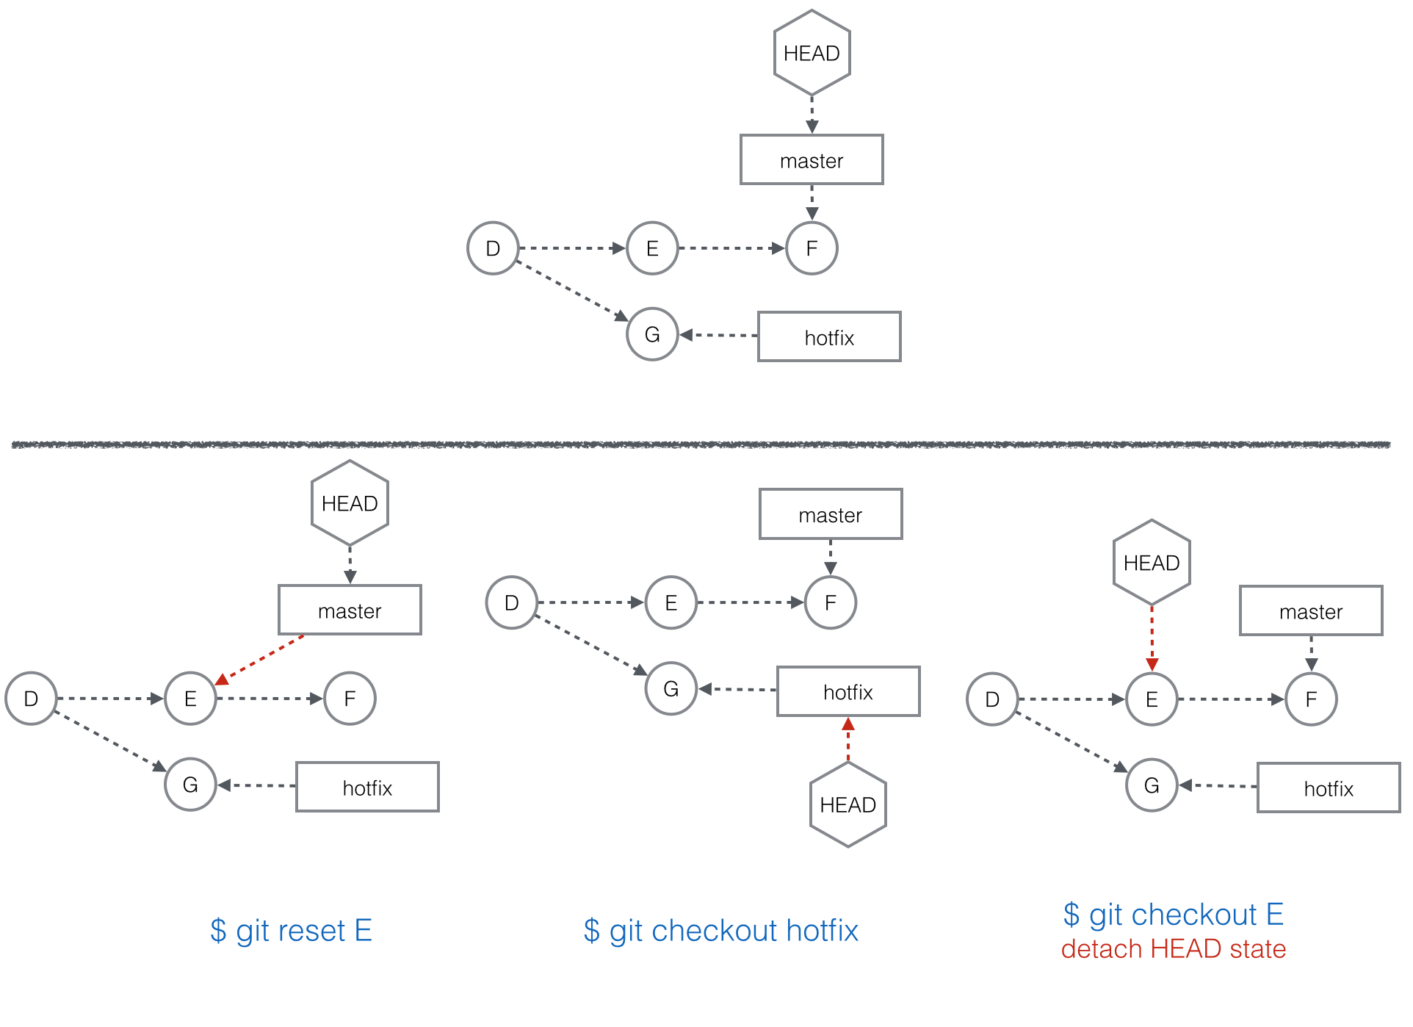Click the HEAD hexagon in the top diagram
pyautogui.click(x=812, y=53)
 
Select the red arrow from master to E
pyautogui.click(x=259, y=660)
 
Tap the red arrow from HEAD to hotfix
pyautogui.click(x=848, y=739)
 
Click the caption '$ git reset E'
pyautogui.click(x=291, y=931)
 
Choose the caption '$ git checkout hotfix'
pyautogui.click(x=720, y=931)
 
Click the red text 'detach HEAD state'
pyautogui.click(x=1173, y=949)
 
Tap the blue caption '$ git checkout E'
pyautogui.click(x=1173, y=915)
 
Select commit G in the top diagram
pyautogui.click(x=652, y=334)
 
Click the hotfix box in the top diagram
pyautogui.click(x=829, y=336)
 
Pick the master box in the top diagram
pyautogui.click(x=812, y=159)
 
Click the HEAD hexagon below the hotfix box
pyautogui.click(x=848, y=804)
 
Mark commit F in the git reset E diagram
pyautogui.click(x=350, y=699)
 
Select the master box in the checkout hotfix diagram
pyautogui.click(x=831, y=514)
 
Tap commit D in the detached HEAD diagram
pyautogui.click(x=992, y=699)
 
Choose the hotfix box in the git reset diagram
pyautogui.click(x=367, y=787)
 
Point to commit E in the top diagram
pyautogui.click(x=652, y=248)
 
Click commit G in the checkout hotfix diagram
pyautogui.click(x=671, y=688)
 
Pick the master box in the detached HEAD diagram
pyautogui.click(x=1311, y=610)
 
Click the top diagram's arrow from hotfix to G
pyautogui.click(x=718, y=335)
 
